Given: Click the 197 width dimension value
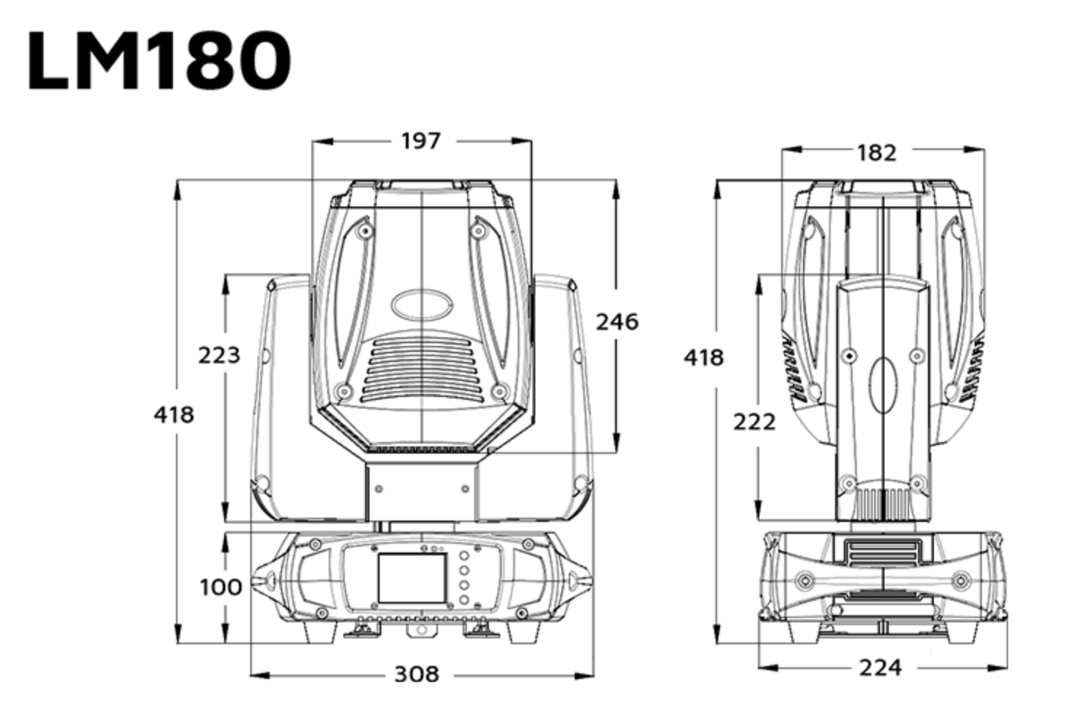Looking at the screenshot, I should point(421,140).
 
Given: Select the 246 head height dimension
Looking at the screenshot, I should point(617,321).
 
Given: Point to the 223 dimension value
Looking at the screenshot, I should point(219,355).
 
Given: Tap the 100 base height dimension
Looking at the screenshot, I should point(220,586).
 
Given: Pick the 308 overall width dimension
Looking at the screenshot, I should point(417,674).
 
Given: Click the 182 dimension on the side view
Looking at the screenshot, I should point(876,153).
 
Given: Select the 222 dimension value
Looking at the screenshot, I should point(754,422).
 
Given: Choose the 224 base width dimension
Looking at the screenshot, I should point(880,667).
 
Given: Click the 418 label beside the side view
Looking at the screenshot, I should point(703,357).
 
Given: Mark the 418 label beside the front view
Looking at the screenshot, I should point(174,414).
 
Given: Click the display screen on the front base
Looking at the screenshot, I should point(412,577).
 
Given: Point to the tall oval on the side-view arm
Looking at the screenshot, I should point(883,385).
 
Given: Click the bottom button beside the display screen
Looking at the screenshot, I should point(463,601).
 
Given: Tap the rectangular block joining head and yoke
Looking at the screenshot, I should point(422,493).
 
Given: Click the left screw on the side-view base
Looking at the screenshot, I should point(804,580).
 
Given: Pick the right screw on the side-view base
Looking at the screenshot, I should point(961,580).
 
